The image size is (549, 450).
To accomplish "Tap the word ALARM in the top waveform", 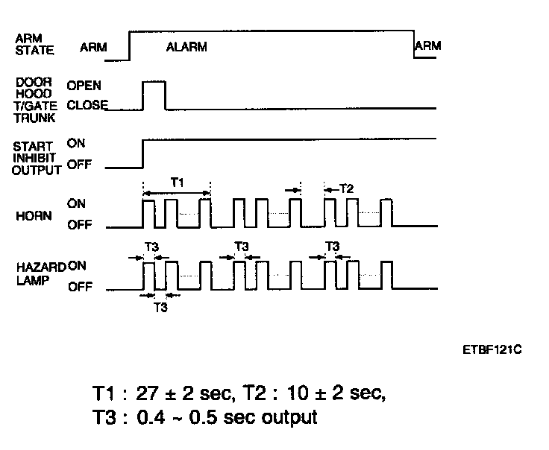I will point(186,46).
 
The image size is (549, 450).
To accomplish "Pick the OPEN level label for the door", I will point(84,85).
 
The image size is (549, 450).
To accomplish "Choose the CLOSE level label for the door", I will point(87,105).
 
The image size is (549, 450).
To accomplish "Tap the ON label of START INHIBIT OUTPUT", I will point(76,145).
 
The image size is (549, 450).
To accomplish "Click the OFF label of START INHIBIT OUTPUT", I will point(78,165).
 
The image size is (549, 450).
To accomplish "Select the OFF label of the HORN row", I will point(80,225).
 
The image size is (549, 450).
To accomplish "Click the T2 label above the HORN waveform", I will point(346,189).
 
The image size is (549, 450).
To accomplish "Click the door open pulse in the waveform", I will point(154,93).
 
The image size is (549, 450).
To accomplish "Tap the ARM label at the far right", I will point(427,46).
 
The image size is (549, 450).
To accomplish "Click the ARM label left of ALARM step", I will point(93,46).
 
